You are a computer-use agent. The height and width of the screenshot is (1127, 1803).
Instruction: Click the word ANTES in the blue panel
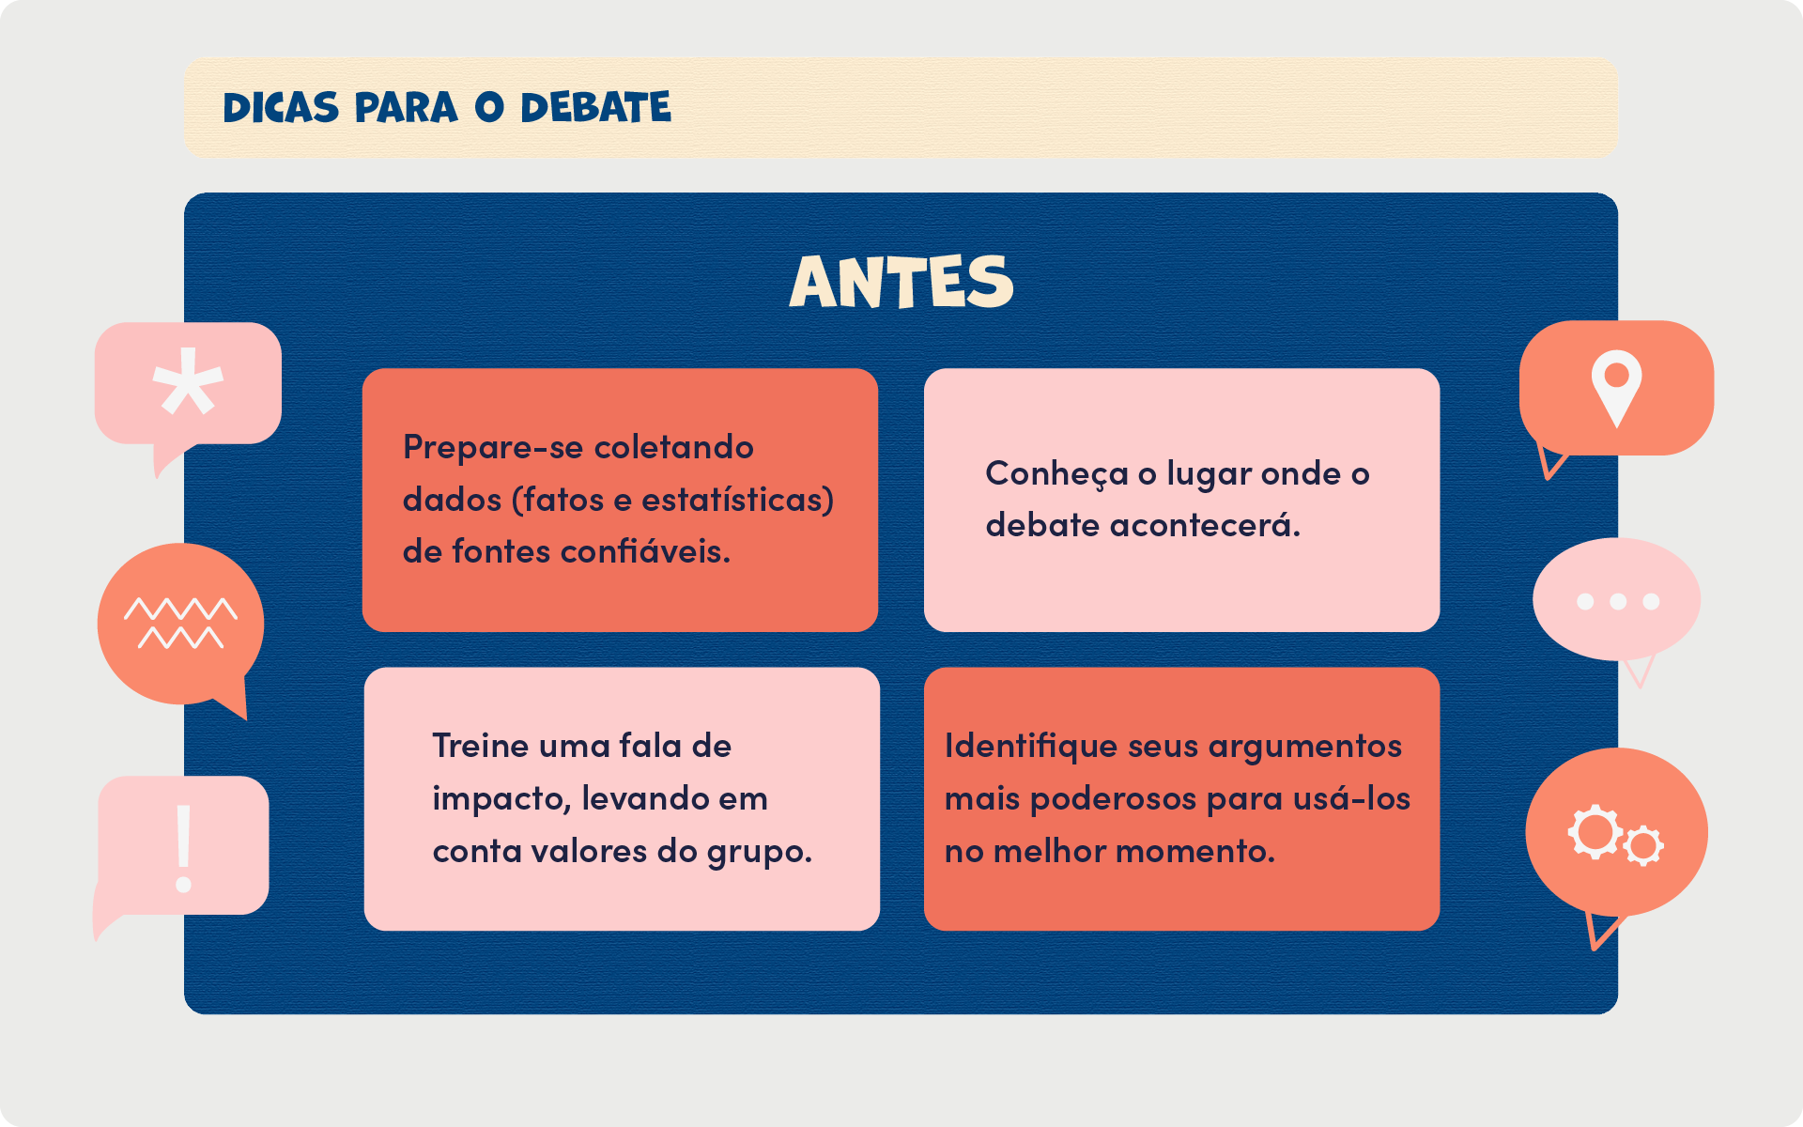coord(901,281)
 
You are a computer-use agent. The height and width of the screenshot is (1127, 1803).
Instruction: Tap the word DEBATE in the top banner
coord(596,108)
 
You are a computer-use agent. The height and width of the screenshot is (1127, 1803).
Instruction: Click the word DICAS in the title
coord(281,108)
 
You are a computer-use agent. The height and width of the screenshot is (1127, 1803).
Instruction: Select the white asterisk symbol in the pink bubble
coord(188,382)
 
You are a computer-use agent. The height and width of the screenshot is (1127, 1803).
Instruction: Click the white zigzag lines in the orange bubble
coord(180,623)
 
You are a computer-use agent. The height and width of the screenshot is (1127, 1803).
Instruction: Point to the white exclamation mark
coord(184,848)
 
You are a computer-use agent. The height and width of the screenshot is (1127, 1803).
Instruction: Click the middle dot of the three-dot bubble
coord(1618,601)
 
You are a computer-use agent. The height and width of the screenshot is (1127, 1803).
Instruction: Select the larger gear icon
coord(1594,831)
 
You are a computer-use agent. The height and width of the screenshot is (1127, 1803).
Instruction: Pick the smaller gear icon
coord(1643,845)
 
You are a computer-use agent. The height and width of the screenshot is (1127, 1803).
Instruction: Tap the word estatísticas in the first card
coord(737,500)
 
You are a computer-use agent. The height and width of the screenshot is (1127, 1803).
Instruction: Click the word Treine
coord(481,746)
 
